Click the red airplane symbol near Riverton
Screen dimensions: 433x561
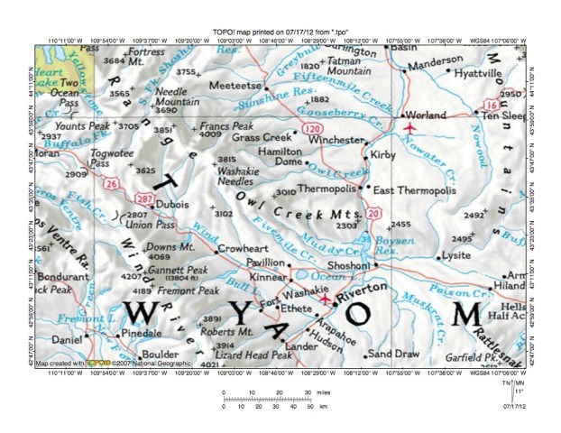(326, 299)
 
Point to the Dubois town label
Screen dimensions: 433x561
(172, 204)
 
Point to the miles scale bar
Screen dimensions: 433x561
(266, 398)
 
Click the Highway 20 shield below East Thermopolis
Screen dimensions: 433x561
(373, 213)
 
